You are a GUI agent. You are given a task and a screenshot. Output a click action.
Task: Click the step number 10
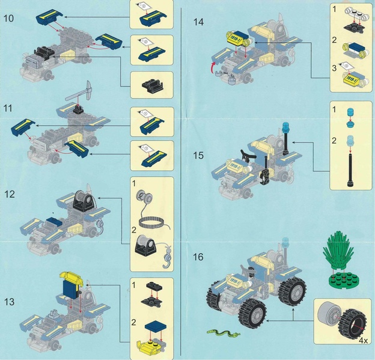tap(8, 19)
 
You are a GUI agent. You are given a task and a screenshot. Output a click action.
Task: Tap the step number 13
tap(10, 302)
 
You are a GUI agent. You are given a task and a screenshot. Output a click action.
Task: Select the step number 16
tap(198, 257)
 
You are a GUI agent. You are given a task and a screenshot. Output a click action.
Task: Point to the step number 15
tap(198, 156)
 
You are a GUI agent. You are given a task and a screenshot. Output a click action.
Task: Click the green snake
tap(223, 333)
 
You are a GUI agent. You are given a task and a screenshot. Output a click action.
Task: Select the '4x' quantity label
tap(363, 340)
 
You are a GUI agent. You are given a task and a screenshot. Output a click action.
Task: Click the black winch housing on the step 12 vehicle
tap(84, 201)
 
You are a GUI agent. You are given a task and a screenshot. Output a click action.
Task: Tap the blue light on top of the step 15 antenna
tap(286, 127)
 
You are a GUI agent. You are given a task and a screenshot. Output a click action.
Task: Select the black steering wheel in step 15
tap(247, 156)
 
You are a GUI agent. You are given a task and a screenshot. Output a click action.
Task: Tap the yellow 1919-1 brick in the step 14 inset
tap(351, 79)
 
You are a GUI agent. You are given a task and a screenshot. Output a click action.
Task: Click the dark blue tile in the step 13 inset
tap(156, 327)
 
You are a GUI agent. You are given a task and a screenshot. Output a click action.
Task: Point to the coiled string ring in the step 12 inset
tap(151, 222)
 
